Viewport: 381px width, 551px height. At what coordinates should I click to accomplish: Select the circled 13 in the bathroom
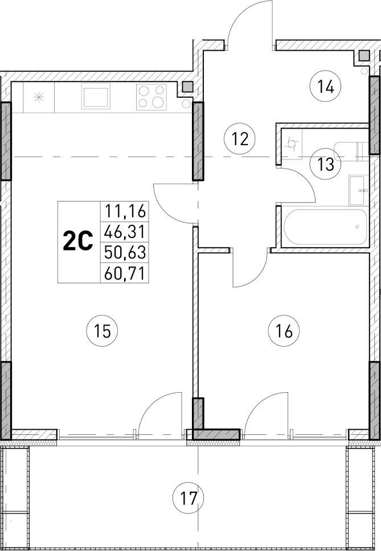coord(325,165)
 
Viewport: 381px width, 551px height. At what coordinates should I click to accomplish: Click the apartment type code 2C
coord(77,242)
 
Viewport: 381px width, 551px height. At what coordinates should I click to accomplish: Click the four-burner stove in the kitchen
coord(151,96)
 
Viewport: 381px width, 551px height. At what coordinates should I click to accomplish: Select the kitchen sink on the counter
coord(96,96)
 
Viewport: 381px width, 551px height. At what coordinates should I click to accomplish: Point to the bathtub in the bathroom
coord(323,227)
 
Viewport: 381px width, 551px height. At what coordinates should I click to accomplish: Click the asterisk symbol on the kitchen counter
coord(39,97)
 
